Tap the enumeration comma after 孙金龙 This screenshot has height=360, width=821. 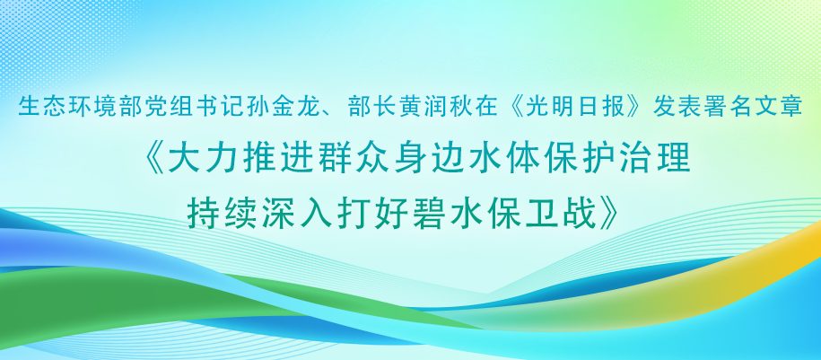331,114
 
